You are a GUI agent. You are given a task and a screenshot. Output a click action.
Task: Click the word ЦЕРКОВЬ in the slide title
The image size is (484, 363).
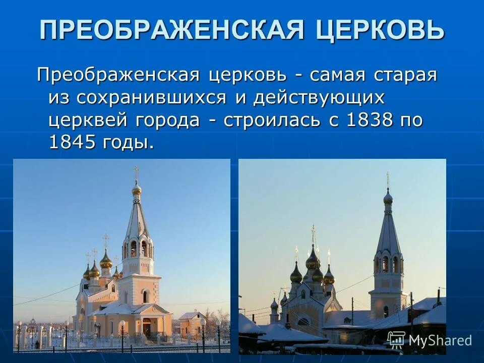click(x=381, y=30)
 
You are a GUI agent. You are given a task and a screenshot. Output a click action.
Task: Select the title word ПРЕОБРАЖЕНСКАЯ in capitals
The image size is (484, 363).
click(x=172, y=30)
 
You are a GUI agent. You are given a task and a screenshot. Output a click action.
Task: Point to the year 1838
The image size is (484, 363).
click(x=369, y=120)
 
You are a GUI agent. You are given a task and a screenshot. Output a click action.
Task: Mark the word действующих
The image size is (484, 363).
click(x=319, y=98)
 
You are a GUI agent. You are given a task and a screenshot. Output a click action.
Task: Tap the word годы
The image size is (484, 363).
click(x=129, y=143)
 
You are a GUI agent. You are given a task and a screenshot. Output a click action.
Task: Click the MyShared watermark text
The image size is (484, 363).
click(x=440, y=340)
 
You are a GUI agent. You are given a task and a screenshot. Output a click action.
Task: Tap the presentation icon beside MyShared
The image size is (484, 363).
click(x=396, y=340)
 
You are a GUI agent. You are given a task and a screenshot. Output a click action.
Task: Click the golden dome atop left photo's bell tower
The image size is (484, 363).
click(x=137, y=189)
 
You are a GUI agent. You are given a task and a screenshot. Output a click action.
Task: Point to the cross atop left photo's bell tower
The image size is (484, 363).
click(x=136, y=172)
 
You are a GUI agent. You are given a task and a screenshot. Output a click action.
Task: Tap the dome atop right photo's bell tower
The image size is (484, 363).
click(x=388, y=197)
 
